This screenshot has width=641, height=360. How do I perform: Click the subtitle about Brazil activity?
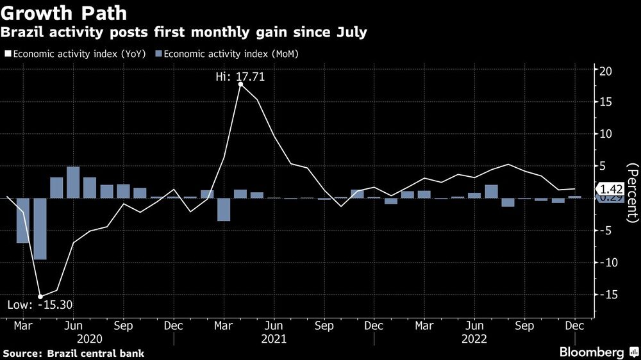[x=184, y=33]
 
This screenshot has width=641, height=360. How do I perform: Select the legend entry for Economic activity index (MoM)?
[x=227, y=54]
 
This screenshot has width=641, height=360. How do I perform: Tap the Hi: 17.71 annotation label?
[x=240, y=76]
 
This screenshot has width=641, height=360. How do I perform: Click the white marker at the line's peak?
[x=240, y=85]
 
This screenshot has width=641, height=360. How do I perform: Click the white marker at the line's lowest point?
[x=40, y=296]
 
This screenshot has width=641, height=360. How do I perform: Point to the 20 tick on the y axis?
[x=606, y=70]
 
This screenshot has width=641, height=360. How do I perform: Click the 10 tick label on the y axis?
[x=606, y=134]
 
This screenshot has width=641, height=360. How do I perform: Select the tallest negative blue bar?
[x=40, y=229]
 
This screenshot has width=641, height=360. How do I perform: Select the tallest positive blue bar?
[x=73, y=182]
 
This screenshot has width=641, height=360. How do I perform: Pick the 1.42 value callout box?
[x=609, y=188]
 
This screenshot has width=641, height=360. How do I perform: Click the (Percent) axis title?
[x=632, y=193]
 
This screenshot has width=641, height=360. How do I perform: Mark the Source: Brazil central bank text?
[x=74, y=353]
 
